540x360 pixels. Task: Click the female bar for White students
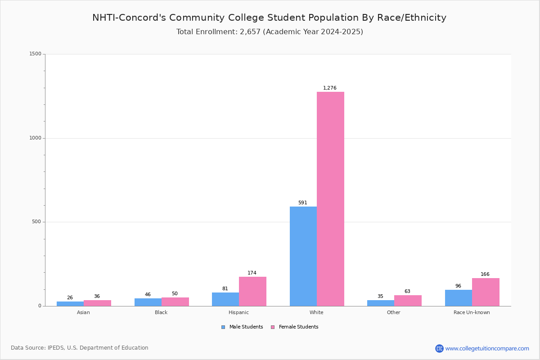tap(330, 199)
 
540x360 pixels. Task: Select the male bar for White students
tap(303, 256)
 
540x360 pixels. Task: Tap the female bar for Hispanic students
tap(252, 291)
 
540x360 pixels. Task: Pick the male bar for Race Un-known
tap(458, 298)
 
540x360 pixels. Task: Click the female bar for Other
tap(408, 301)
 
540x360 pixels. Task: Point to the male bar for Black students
tap(148, 302)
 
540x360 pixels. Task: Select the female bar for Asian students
tap(97, 303)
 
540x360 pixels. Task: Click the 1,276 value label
tap(330, 88)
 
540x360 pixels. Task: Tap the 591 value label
tap(302, 203)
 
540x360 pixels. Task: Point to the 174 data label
tap(252, 273)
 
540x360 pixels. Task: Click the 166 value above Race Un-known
tap(485, 274)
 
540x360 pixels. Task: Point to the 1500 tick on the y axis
tap(35, 54)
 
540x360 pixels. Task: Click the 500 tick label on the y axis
tap(36, 222)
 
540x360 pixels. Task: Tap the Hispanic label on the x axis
tap(238, 312)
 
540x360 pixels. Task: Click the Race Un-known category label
tap(472, 312)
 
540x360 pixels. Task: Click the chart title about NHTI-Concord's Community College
tap(269, 18)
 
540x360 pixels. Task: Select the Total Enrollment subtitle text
tap(270, 32)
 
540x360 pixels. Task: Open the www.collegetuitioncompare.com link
tap(487, 348)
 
